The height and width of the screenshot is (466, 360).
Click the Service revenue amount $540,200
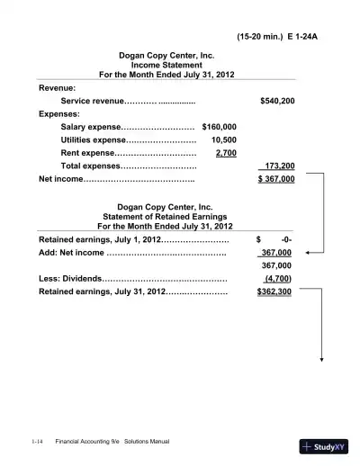[x=276, y=103]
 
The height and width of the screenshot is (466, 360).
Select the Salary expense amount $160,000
[x=220, y=128]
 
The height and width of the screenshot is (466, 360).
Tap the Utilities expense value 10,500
[x=224, y=140]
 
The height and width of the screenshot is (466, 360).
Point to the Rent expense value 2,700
[x=227, y=153]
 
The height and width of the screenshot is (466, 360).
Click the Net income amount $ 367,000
[x=275, y=179]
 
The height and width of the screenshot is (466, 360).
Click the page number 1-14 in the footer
[x=37, y=442]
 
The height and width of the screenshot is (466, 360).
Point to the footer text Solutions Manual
[x=147, y=442]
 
